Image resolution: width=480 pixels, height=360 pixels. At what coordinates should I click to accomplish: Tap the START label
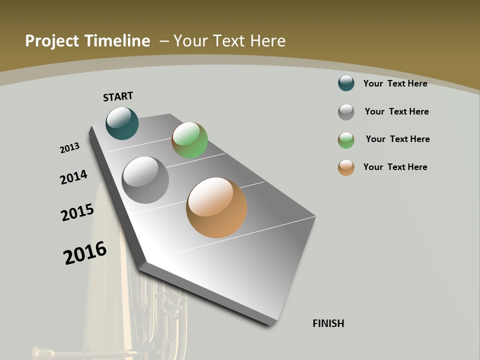[118, 96]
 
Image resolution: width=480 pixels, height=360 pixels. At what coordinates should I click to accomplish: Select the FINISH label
[328, 323]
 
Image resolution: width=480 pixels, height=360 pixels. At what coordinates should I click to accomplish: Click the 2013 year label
[69, 148]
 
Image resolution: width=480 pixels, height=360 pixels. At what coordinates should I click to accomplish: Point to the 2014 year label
[73, 177]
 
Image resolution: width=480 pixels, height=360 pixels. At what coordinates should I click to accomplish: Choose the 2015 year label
[77, 212]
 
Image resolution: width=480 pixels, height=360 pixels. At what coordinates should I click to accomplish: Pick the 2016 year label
[85, 253]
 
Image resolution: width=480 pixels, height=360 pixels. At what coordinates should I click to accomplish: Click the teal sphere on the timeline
[122, 123]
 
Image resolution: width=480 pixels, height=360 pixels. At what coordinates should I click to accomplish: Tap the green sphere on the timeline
[189, 140]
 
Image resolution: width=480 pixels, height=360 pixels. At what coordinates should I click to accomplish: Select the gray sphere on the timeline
[145, 179]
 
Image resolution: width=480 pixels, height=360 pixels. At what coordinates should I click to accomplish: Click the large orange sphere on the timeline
[216, 207]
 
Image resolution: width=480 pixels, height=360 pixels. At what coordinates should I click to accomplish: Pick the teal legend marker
[346, 83]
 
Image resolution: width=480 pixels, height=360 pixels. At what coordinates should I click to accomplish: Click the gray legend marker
[346, 112]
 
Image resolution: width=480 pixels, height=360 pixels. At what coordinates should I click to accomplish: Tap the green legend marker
[346, 140]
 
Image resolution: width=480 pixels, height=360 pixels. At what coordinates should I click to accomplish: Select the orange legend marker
[346, 167]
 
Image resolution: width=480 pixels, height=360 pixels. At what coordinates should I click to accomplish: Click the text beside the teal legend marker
[395, 83]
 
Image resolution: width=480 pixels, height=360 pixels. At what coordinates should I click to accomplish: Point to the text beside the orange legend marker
[395, 167]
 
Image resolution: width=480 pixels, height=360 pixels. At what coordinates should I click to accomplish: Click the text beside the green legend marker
[397, 139]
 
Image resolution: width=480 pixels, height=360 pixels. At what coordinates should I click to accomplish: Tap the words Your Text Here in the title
[229, 41]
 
